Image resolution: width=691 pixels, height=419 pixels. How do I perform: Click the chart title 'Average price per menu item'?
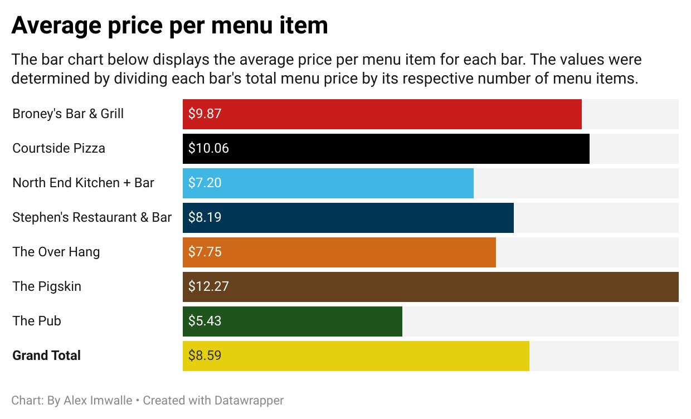tap(169, 26)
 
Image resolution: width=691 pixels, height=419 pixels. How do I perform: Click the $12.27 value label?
tap(208, 287)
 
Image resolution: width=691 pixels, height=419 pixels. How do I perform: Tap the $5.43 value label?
tap(205, 321)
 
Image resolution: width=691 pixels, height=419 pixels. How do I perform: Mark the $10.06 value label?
tap(208, 149)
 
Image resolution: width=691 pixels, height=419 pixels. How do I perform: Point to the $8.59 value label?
tap(205, 356)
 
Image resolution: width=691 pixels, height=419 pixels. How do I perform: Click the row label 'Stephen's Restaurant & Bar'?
tap(92, 217)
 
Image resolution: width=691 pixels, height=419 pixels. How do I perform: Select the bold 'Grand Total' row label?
tap(47, 355)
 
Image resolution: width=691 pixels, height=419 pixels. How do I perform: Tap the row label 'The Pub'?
tap(37, 321)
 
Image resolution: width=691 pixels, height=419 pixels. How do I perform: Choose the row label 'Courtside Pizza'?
tap(59, 148)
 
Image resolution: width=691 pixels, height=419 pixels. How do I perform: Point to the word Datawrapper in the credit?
tap(250, 401)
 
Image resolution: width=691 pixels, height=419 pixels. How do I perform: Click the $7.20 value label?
tap(205, 183)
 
